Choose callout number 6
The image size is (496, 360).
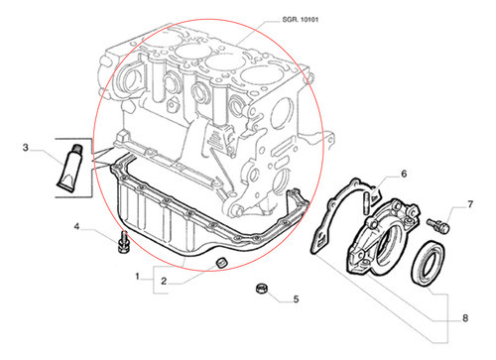coord(405,175)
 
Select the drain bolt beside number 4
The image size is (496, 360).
coord(123,242)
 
